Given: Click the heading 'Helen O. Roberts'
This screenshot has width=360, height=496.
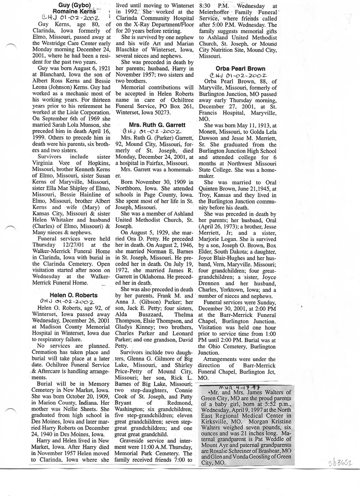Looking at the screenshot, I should (73, 295).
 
